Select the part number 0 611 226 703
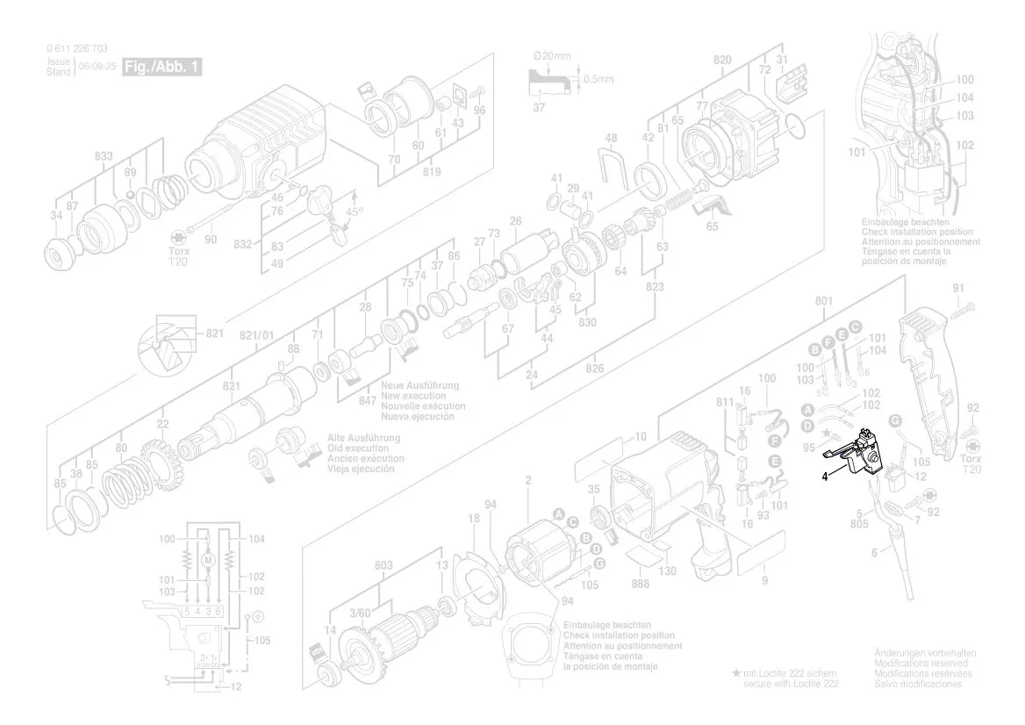(77, 49)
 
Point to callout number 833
(104, 156)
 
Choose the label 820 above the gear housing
(722, 60)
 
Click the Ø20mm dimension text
(552, 57)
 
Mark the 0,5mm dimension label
(599, 79)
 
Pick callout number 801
(823, 300)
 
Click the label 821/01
(257, 334)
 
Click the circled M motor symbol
(208, 560)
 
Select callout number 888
(641, 584)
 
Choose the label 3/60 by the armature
(359, 612)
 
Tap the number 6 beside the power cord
(873, 553)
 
